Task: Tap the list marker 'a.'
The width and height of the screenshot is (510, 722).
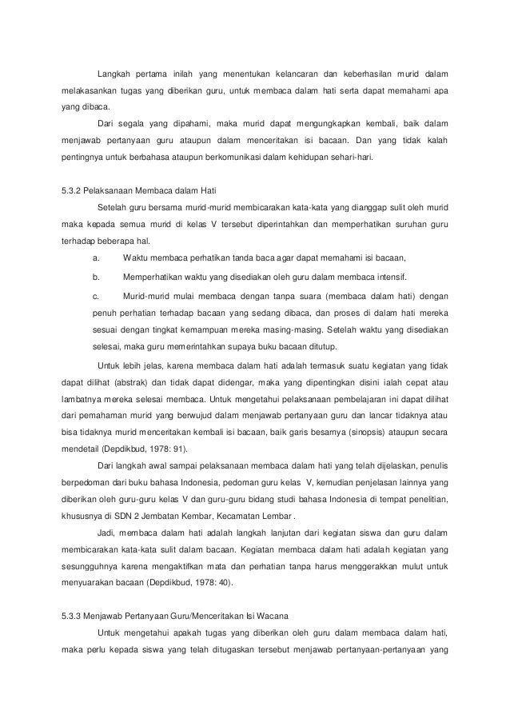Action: (97, 257)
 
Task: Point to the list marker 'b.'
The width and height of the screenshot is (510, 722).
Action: (97, 277)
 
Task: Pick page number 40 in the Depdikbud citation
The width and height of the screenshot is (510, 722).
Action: (223, 584)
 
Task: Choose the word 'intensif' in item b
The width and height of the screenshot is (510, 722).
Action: (389, 277)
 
